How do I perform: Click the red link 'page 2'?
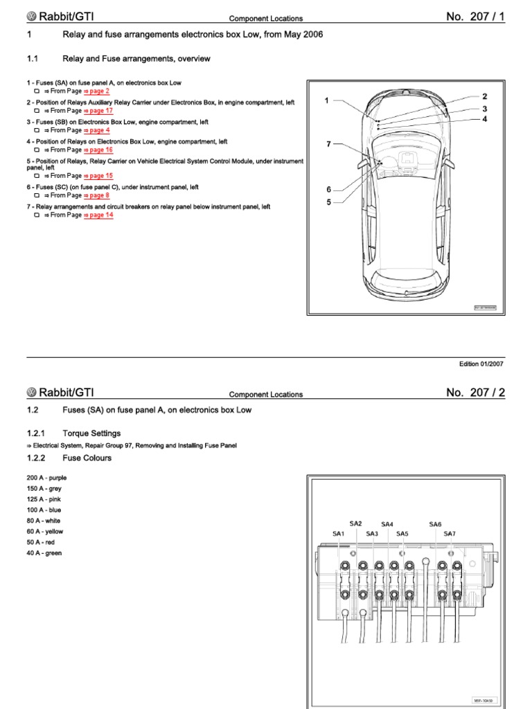97,91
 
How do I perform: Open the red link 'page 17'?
99,111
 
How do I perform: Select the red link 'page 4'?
97,130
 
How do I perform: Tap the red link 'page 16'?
99,150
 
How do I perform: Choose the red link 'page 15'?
99,176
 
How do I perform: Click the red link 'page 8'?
97,195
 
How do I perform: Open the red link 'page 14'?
99,215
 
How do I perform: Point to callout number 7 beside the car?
329,144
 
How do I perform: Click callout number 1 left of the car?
326,101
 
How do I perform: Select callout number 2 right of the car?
485,97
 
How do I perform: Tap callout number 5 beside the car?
329,202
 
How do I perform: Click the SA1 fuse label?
339,534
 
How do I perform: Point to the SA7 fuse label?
450,534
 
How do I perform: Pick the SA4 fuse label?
387,524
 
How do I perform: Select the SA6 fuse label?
435,524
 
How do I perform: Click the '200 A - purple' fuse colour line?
46,478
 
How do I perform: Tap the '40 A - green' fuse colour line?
44,553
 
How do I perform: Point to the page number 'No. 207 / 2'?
476,393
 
